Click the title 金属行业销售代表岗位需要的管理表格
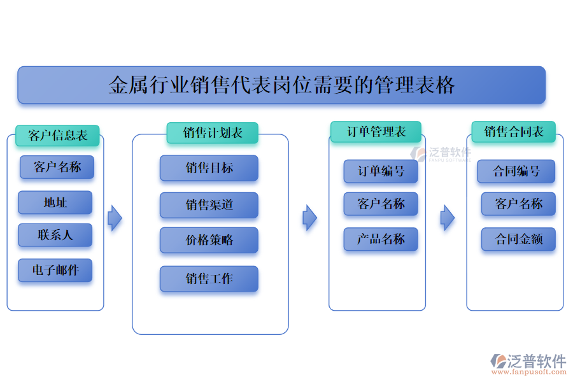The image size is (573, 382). point(281,85)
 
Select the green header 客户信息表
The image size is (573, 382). point(57,135)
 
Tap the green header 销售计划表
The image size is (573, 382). point(212,133)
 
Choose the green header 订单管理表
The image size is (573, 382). point(376,132)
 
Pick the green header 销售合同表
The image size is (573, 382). point(514,132)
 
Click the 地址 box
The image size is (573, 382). point(55,202)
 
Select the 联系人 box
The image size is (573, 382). point(55,235)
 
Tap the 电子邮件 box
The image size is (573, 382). point(55,270)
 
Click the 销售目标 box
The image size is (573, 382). point(209,168)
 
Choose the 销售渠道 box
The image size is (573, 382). point(209,205)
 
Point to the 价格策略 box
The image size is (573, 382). point(209,240)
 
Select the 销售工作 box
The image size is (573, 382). point(209,279)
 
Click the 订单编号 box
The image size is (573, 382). point(381,171)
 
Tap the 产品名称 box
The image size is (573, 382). point(381,239)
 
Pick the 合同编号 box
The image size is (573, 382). point(516,171)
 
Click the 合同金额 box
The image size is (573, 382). point(518,239)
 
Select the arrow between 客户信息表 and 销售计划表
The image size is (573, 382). point(115,218)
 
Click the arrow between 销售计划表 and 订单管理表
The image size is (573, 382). point(309,218)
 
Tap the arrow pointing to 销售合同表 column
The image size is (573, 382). point(448,218)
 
